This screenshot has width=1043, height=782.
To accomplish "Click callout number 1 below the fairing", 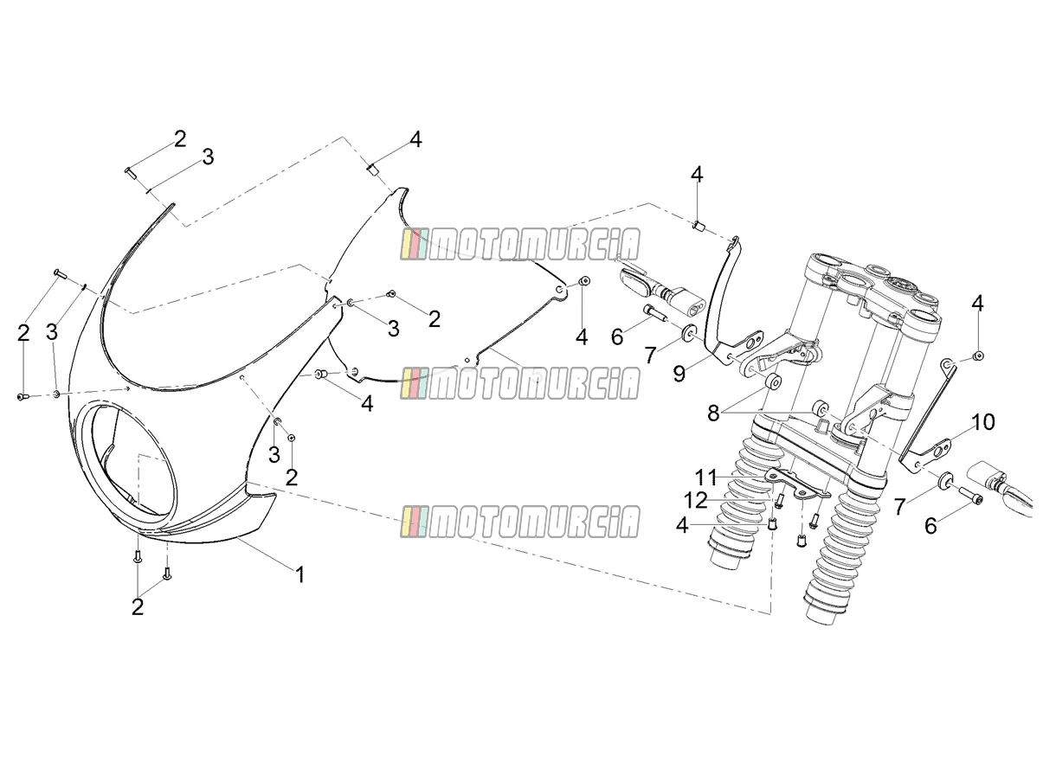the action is (299, 574).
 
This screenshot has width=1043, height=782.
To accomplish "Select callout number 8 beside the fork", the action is (713, 413).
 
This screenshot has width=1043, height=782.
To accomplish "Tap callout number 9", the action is (679, 375).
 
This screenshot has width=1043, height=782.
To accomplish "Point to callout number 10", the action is (982, 421).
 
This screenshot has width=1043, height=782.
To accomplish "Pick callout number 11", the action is (705, 478).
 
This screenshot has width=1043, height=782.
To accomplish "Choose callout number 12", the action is (696, 501).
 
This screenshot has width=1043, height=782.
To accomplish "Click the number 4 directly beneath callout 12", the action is (682, 526).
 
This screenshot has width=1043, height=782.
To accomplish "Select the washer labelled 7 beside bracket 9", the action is (688, 331).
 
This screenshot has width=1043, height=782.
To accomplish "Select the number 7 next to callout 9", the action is (650, 354).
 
